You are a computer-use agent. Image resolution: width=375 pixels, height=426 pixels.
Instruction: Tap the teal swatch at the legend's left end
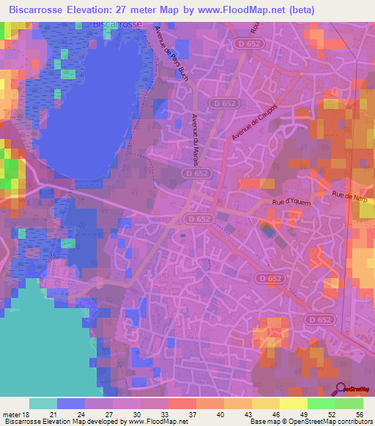click(43, 403)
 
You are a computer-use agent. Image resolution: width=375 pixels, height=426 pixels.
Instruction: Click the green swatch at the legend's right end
click(349, 403)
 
